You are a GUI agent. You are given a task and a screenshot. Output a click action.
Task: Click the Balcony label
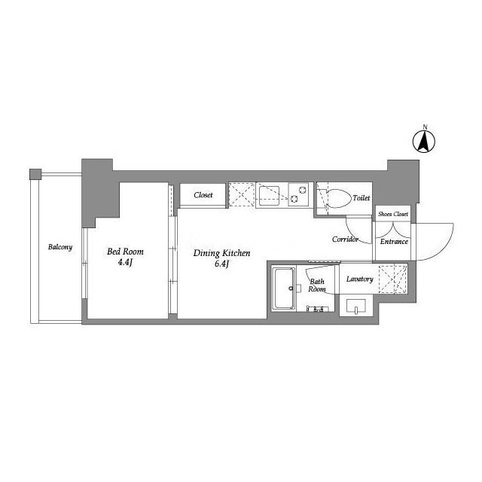(x=60, y=247)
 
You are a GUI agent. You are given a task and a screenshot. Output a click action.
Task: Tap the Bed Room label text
(x=125, y=252)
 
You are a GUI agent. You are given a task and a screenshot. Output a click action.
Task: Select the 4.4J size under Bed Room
(x=125, y=263)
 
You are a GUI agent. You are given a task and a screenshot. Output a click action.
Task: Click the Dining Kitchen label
(x=221, y=253)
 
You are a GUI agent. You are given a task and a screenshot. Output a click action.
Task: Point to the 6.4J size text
(x=221, y=264)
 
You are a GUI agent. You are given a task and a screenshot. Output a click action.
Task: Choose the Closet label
(x=203, y=195)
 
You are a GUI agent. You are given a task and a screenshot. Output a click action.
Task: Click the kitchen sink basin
(x=269, y=196)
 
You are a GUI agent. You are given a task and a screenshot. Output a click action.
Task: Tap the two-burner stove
(x=298, y=195)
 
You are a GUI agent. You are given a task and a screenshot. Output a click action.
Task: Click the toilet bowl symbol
(x=339, y=198)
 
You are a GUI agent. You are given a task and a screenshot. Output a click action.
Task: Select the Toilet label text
(x=361, y=198)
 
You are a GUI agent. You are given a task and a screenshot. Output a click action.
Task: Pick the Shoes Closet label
(x=393, y=214)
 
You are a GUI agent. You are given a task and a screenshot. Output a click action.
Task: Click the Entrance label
(x=394, y=242)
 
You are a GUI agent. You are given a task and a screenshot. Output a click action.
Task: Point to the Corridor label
(x=345, y=239)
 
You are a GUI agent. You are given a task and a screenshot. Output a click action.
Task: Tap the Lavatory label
(x=360, y=279)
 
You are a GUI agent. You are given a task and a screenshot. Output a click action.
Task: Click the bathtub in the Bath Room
(x=284, y=288)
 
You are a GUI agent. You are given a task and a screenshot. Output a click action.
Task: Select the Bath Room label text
(x=317, y=285)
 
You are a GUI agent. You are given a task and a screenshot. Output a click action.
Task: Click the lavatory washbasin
(x=356, y=307)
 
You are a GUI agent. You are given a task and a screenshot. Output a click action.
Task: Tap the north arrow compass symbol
(x=423, y=142)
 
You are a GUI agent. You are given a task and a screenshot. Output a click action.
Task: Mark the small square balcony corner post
(x=35, y=174)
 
